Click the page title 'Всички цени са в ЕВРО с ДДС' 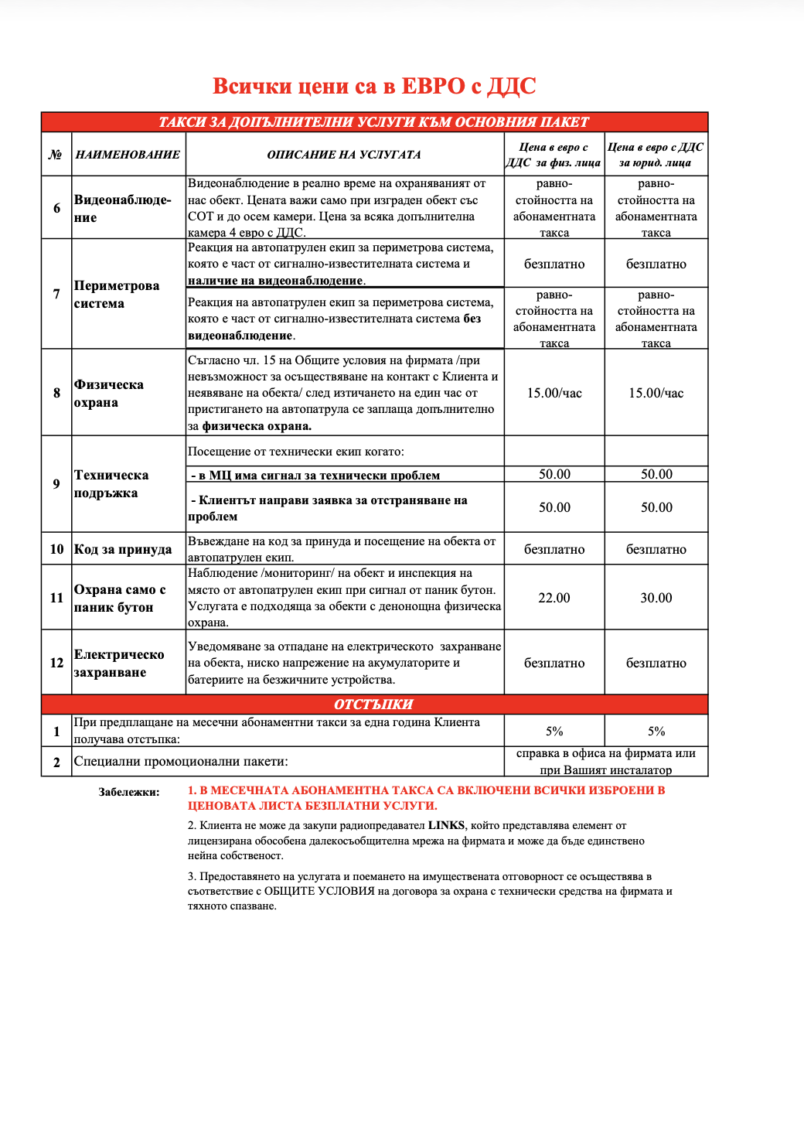tap(374, 86)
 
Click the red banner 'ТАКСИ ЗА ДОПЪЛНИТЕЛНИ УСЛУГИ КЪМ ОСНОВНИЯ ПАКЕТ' tap(374, 122)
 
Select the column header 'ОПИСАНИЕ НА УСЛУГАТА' tap(344, 155)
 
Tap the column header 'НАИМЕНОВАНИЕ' tap(128, 155)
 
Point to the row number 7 tap(56, 294)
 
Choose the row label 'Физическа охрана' tap(108, 393)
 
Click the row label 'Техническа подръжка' tap(111, 484)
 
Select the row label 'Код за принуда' tap(122, 549)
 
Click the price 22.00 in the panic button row tap(554, 598)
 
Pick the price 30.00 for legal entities tap(656, 598)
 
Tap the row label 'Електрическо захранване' tap(119, 663)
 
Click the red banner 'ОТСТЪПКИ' tap(374, 705)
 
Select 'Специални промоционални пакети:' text tap(181, 762)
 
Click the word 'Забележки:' tap(129, 792)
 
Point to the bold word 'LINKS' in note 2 tap(446, 825)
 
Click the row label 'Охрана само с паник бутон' tap(119, 598)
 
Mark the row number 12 tap(56, 663)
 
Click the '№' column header tap(56, 155)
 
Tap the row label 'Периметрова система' tap(116, 294)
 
